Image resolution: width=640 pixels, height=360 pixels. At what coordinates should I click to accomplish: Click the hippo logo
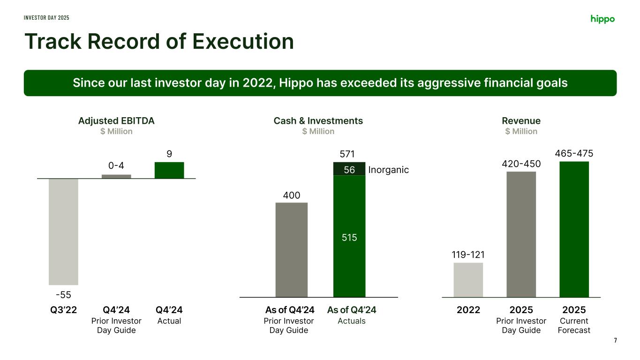pyautogui.click(x=602, y=19)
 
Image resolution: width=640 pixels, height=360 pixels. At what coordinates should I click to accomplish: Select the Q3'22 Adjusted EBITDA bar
pyautogui.click(x=63, y=232)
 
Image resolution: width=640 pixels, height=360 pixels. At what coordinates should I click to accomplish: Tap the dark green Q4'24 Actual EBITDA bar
pyautogui.click(x=169, y=170)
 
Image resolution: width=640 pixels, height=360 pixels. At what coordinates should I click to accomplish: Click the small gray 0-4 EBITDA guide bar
pyautogui.click(x=116, y=176)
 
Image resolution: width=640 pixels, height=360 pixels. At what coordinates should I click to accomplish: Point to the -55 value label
pyautogui.click(x=63, y=295)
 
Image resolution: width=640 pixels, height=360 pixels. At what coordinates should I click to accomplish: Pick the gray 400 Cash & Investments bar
pyautogui.click(x=292, y=249)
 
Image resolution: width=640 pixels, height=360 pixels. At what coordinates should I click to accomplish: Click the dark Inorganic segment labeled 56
pyautogui.click(x=349, y=169)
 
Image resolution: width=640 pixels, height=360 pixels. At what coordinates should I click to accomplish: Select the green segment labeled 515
pyautogui.click(x=349, y=236)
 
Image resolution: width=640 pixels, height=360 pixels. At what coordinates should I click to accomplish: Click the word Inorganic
pyautogui.click(x=389, y=170)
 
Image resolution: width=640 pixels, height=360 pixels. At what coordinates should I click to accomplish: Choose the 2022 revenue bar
pyautogui.click(x=468, y=280)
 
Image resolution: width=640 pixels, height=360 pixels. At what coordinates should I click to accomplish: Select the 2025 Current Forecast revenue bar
pyautogui.click(x=574, y=229)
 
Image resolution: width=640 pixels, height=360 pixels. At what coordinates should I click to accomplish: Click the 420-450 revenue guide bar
pyautogui.click(x=521, y=234)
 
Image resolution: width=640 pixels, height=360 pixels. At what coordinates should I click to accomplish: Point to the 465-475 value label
pyautogui.click(x=574, y=154)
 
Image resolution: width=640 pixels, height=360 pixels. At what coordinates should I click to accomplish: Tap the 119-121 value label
pyautogui.click(x=468, y=255)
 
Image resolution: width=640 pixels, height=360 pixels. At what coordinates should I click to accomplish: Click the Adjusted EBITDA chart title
pyautogui.click(x=116, y=121)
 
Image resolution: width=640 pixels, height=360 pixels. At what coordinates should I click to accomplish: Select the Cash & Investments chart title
pyautogui.click(x=318, y=121)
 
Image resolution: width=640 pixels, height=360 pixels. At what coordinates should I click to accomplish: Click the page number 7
pyautogui.click(x=615, y=340)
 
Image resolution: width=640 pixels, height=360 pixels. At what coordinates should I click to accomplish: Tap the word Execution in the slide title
pyautogui.click(x=243, y=41)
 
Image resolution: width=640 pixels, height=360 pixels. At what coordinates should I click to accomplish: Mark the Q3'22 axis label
pyautogui.click(x=63, y=310)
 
